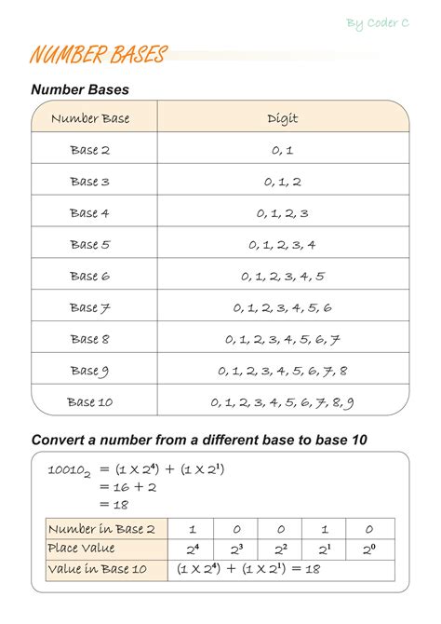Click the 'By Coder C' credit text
[378, 22]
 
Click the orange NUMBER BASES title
[98, 55]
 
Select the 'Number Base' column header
[90, 118]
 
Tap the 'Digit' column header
[282, 118]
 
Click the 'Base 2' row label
[90, 150]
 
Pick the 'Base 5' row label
[90, 245]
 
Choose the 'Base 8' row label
[90, 339]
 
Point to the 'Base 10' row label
[90, 402]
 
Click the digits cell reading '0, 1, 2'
[282, 182]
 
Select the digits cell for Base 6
[282, 277]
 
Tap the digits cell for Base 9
[282, 371]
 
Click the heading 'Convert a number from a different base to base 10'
[195, 440]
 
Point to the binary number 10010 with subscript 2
[68, 471]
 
